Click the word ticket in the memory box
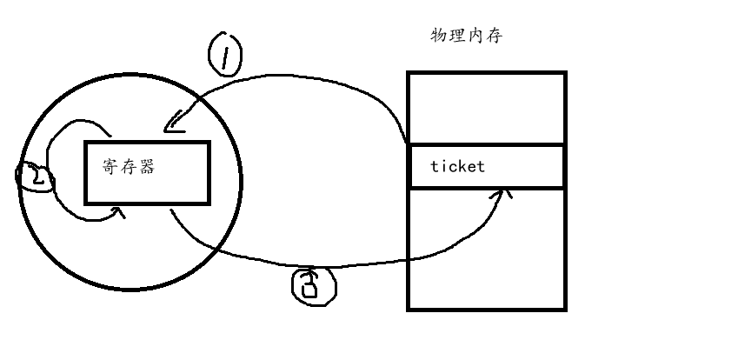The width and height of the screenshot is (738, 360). (x=458, y=167)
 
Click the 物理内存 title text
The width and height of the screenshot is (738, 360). (x=467, y=36)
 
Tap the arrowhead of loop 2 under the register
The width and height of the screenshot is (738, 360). (x=119, y=210)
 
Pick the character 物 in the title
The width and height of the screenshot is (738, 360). (x=440, y=36)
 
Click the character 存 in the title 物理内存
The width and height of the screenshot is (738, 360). (x=494, y=36)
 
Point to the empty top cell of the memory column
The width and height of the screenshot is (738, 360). (x=487, y=109)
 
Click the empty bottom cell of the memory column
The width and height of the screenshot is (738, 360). (x=487, y=248)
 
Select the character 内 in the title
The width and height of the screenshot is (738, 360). (x=475, y=36)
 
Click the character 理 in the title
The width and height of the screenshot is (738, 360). (x=457, y=36)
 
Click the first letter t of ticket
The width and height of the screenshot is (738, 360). (x=435, y=167)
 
